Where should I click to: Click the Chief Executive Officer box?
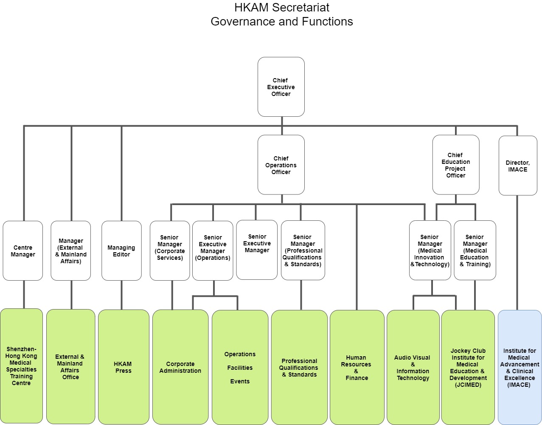coord(281,87)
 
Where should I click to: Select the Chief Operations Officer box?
coord(281,165)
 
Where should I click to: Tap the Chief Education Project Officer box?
coord(456,165)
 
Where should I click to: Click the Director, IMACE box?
coord(518,166)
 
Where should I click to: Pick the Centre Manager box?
coord(23,250)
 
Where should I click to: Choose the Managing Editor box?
coord(121,250)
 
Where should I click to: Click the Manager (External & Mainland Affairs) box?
coord(71,250)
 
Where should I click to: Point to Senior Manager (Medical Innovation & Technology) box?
coord(430,250)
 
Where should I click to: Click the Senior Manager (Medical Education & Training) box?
coord(475,250)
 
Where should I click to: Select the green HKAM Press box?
coord(124,367)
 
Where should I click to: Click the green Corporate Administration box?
coord(180,367)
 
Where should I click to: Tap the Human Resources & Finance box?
coord(357,367)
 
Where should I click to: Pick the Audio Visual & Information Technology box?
coord(413,367)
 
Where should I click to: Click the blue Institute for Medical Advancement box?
coord(520,367)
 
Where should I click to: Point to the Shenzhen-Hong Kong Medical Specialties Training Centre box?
coord(21,366)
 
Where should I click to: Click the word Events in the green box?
coord(240,381)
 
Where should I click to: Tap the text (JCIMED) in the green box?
coord(468,385)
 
